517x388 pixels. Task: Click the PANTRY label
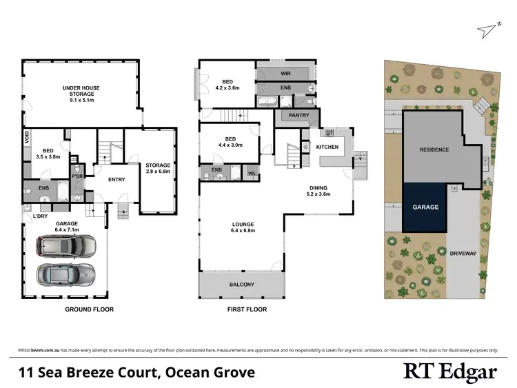tap(299, 115)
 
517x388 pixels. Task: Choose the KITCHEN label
tap(327, 147)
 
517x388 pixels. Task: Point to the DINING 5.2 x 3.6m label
tap(318, 191)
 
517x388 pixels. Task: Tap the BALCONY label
tap(241, 285)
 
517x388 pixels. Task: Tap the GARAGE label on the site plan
tap(425, 206)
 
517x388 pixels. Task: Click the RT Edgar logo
tap(449, 373)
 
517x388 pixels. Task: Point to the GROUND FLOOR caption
tap(89, 309)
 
